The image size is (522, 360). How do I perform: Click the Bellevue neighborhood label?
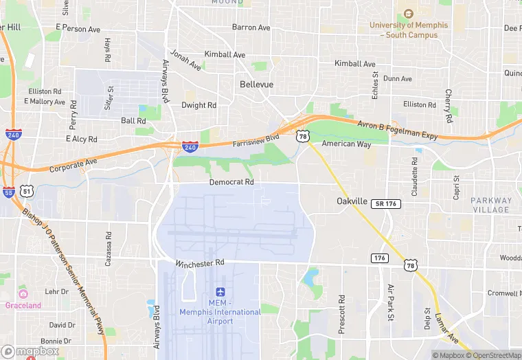point(256,85)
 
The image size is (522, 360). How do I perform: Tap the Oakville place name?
point(354,201)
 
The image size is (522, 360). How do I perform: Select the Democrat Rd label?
point(231,183)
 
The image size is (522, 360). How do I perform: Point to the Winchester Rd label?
point(200,263)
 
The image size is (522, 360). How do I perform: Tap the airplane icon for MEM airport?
point(220,292)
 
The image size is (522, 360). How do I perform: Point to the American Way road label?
point(347,144)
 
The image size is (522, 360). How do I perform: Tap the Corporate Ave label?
point(73,166)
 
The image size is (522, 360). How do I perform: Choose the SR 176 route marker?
point(385,204)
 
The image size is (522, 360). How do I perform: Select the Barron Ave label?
point(251,27)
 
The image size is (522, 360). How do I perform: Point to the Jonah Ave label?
point(185,60)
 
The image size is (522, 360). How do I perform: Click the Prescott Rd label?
point(341,314)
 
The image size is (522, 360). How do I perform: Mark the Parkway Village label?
point(491,205)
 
